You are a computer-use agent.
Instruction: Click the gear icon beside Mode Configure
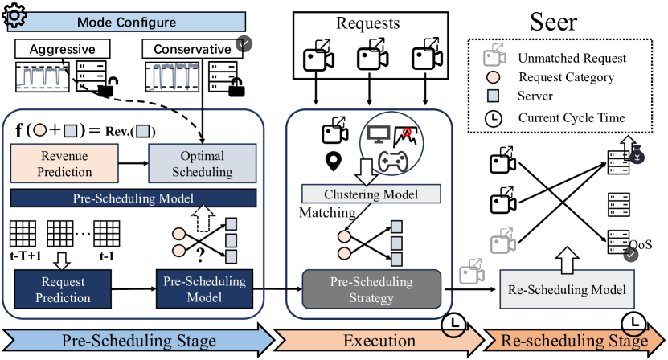(x=14, y=16)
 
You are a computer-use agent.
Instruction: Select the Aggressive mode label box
(x=63, y=49)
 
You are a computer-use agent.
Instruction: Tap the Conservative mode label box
(x=192, y=49)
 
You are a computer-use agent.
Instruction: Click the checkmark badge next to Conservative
(x=244, y=43)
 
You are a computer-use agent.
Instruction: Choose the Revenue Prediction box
(x=64, y=164)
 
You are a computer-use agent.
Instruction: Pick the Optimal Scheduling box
(x=203, y=164)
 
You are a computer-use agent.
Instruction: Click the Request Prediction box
(x=63, y=289)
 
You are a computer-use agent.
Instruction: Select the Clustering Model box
(x=371, y=194)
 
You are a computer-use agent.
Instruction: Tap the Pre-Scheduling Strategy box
(x=371, y=289)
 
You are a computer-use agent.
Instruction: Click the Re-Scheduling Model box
(x=567, y=289)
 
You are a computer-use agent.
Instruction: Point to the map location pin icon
(x=333, y=162)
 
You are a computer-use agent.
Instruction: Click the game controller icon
(x=393, y=161)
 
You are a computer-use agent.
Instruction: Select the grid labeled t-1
(x=106, y=234)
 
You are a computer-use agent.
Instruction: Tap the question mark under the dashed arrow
(x=200, y=255)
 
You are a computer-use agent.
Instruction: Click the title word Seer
(x=553, y=22)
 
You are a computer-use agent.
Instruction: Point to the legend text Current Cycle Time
(x=572, y=117)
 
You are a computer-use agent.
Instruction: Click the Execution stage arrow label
(x=379, y=341)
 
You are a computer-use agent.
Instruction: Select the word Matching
(x=327, y=212)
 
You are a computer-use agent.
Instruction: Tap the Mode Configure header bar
(x=126, y=22)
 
